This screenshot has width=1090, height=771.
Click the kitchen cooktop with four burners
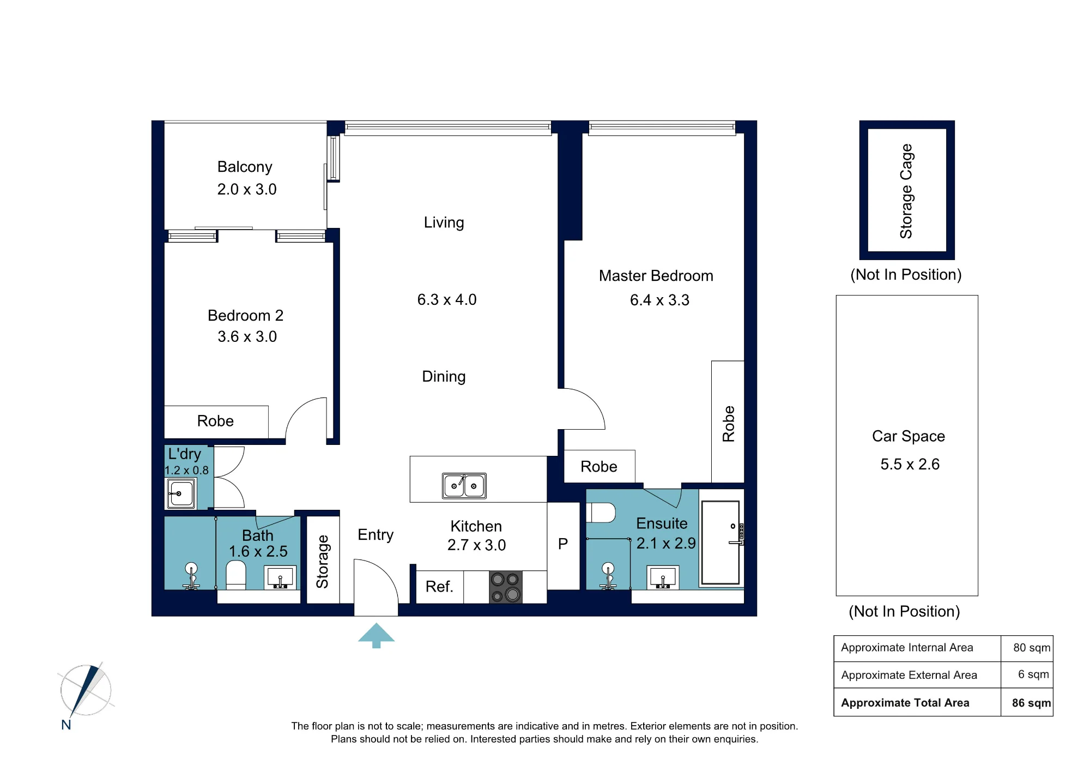[506, 587]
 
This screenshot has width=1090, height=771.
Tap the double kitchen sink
[464, 486]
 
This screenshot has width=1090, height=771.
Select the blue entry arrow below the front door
[376, 635]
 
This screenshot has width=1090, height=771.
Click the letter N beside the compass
[66, 725]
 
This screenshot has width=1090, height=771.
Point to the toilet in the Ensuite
[601, 513]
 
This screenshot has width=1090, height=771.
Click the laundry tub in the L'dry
[181, 493]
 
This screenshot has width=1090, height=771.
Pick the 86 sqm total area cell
[1027, 703]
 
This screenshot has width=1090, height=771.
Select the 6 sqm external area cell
[1027, 675]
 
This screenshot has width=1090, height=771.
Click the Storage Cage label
[906, 191]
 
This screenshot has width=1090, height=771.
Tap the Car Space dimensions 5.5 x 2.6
[910, 464]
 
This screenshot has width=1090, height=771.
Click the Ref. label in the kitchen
[439, 587]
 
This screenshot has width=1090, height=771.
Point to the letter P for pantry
[563, 544]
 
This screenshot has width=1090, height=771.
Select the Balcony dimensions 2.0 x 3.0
[247, 189]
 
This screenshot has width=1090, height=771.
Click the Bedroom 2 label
[245, 315]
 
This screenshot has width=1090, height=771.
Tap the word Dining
[444, 377]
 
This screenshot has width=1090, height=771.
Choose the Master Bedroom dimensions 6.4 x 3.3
[659, 300]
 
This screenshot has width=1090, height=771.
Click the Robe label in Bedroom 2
[215, 421]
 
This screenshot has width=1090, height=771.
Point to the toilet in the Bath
[236, 575]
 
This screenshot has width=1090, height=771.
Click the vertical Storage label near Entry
[322, 562]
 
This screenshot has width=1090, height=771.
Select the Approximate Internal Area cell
[918, 648]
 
